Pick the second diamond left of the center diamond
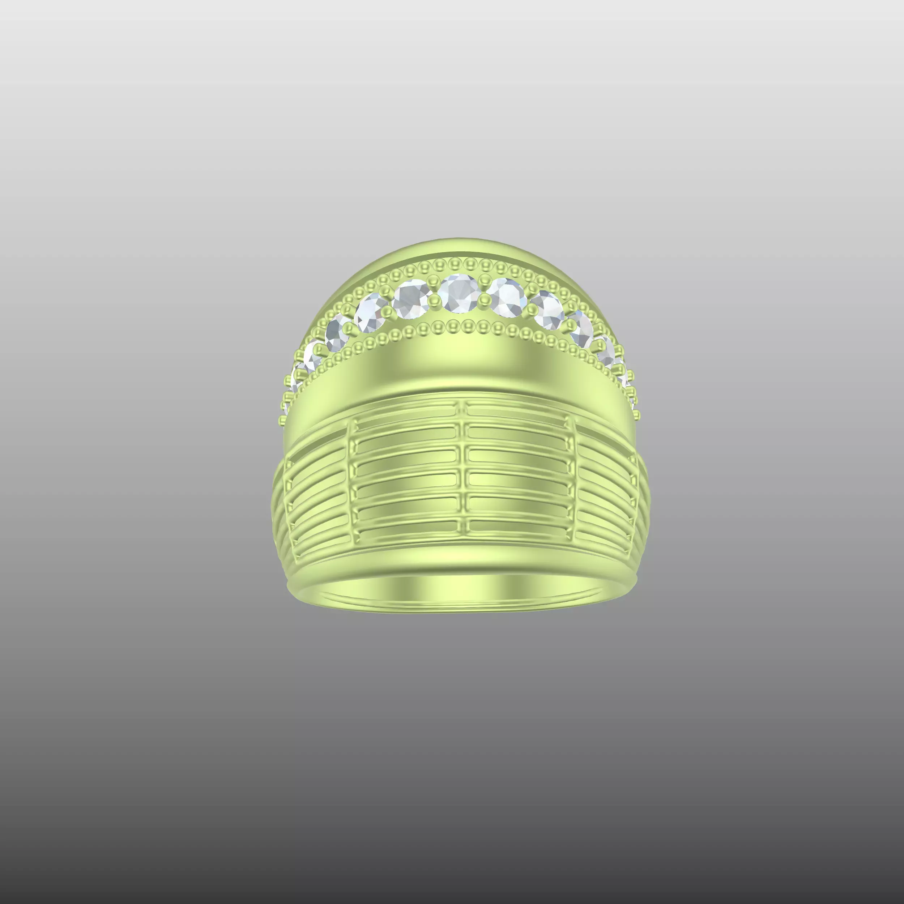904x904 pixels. [x=371, y=312]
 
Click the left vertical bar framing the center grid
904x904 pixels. [x=352, y=477]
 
